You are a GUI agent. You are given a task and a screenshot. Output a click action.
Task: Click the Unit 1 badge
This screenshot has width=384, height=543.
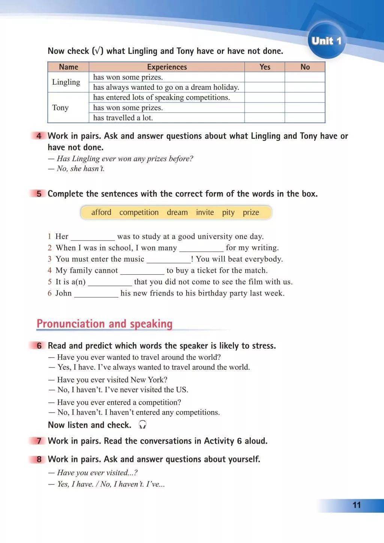point(326,41)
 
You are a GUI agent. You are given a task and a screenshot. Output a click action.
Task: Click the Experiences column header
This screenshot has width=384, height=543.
point(167,67)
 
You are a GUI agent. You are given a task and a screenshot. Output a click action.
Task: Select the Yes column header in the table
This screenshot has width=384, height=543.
point(265,67)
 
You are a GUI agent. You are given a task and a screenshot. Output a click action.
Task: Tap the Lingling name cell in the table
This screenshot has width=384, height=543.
point(66,82)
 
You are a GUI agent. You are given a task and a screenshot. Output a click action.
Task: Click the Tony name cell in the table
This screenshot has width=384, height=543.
point(60,108)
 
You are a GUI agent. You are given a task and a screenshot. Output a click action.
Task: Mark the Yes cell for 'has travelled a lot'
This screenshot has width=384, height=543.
point(265,118)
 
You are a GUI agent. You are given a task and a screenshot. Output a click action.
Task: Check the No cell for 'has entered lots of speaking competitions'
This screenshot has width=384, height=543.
point(305,97)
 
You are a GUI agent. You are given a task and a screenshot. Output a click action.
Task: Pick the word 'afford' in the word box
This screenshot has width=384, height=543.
point(101,212)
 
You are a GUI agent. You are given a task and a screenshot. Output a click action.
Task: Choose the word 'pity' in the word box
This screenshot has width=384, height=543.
point(228,212)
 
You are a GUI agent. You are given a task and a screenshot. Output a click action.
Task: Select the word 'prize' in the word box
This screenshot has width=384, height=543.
point(251,212)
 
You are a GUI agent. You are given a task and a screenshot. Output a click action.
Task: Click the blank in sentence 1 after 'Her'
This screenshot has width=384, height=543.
point(93,237)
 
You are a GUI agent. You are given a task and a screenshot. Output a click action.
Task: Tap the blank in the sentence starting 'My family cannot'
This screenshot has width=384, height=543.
point(142,271)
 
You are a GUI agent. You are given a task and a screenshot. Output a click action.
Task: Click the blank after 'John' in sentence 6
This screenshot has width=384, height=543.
point(96,294)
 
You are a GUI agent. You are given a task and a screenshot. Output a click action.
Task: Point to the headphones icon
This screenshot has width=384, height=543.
point(142,425)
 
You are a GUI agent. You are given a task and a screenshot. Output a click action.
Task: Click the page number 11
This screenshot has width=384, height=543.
point(356,505)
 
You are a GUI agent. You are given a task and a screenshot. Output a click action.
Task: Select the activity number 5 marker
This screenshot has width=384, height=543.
point(39,194)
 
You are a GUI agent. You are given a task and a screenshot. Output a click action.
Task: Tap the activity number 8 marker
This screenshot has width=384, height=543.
point(39,459)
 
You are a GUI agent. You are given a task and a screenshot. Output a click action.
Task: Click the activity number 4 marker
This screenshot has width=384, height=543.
point(39,136)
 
